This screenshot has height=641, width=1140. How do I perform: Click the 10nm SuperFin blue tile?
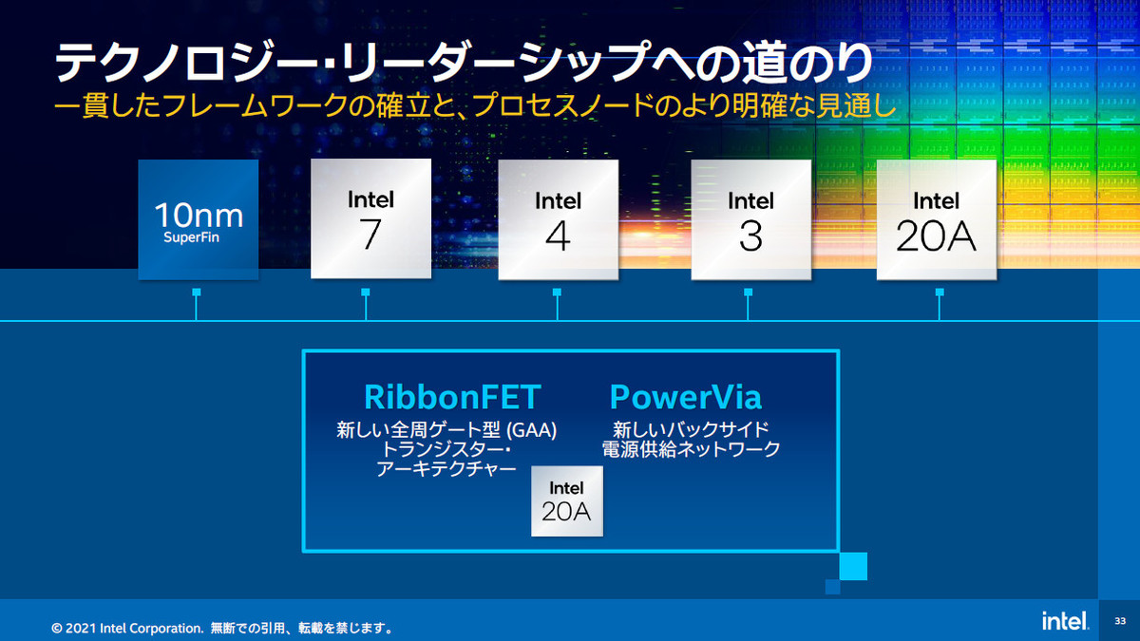point(198,219)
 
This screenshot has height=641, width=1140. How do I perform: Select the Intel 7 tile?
point(371,218)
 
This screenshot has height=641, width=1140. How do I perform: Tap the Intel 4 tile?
point(559,219)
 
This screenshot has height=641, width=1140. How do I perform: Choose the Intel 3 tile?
point(751,219)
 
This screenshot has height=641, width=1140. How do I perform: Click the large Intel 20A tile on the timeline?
point(937,219)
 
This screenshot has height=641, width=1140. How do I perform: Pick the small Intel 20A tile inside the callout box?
point(567,501)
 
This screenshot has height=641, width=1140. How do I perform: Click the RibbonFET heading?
point(452,397)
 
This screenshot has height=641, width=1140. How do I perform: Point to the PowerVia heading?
point(686,397)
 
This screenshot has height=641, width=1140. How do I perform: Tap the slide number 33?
point(1120,621)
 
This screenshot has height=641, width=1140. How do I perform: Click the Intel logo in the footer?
point(1065,621)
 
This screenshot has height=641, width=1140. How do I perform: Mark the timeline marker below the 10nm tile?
point(197,304)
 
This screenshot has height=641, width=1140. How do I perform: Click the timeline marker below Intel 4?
point(557,304)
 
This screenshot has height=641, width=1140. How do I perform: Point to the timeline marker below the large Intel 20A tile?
point(940,304)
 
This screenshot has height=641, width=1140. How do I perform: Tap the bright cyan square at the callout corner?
point(853,566)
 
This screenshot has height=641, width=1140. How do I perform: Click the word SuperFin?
point(191,237)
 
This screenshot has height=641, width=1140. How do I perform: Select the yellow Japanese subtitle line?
point(474,105)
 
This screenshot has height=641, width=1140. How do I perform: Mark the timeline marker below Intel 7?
point(366,304)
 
